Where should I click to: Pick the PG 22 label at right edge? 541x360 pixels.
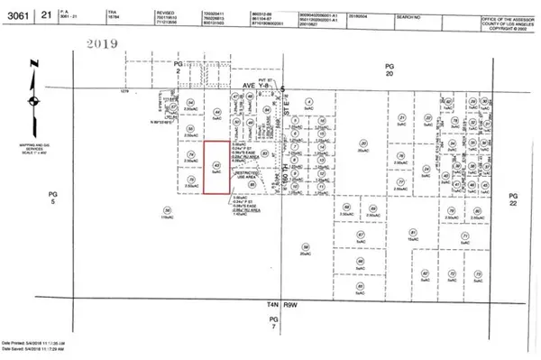click(x=514, y=198)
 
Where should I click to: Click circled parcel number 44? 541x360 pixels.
click(x=217, y=112)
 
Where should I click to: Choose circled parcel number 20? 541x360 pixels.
click(x=362, y=143)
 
